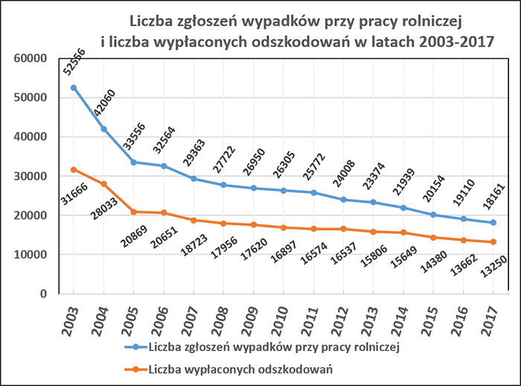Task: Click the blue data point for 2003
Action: [74, 88]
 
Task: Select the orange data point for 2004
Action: [104, 184]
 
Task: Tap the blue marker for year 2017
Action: [493, 223]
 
